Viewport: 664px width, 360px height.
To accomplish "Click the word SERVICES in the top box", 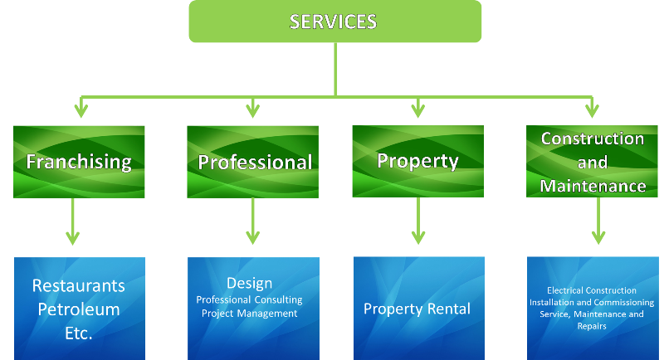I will pyautogui.click(x=333, y=22).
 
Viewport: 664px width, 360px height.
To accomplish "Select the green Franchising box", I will pyautogui.click(x=79, y=161).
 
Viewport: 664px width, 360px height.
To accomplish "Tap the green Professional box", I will pyautogui.click(x=254, y=161).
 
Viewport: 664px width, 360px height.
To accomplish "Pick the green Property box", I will pyautogui.click(x=417, y=160).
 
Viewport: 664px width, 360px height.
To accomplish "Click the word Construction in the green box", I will pyautogui.click(x=592, y=139).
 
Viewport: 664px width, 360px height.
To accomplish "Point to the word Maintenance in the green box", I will pyautogui.click(x=593, y=186).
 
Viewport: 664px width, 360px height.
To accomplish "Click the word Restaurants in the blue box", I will pyautogui.click(x=79, y=285).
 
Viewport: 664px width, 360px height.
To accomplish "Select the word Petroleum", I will pyautogui.click(x=79, y=309).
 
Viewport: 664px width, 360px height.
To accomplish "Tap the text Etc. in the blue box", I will pyautogui.click(x=79, y=333).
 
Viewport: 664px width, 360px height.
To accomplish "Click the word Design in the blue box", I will pyautogui.click(x=249, y=283).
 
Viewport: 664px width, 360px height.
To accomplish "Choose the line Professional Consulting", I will pyautogui.click(x=249, y=299).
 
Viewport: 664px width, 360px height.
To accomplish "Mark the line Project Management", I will pyautogui.click(x=249, y=314).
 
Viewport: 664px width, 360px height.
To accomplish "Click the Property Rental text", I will pyautogui.click(x=417, y=309).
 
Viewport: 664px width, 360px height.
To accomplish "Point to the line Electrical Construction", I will pyautogui.click(x=592, y=290).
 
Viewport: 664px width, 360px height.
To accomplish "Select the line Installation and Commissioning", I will pyautogui.click(x=592, y=303).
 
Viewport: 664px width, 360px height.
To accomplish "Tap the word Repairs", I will pyautogui.click(x=592, y=327).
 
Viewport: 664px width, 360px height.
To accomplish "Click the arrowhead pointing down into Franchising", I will pyautogui.click(x=81, y=109).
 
